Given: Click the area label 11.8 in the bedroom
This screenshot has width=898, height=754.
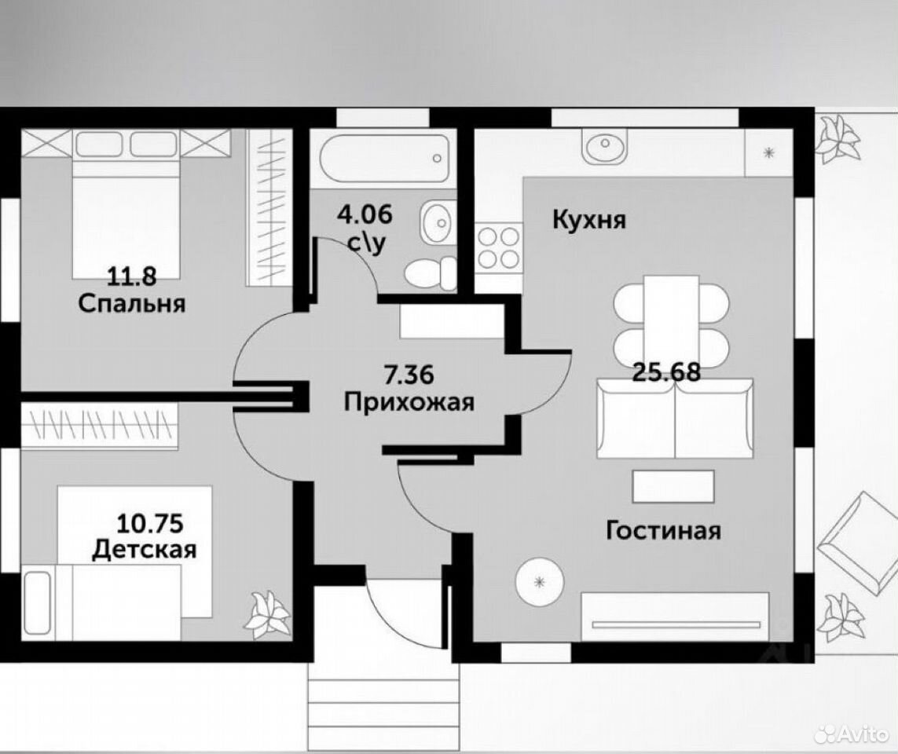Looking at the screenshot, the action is tap(132, 277).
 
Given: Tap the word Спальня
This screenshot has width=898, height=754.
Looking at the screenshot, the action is tap(132, 303).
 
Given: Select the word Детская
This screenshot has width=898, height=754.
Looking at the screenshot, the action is tap(145, 550).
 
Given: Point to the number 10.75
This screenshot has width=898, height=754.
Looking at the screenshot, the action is tap(150, 523).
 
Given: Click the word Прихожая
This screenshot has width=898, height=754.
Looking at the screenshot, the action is tap(409, 402).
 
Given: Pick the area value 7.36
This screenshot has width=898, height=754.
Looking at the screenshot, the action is tap(409, 375).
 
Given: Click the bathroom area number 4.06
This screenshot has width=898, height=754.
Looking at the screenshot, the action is tap(365, 215).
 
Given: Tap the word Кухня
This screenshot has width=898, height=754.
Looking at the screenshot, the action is tap(589, 220).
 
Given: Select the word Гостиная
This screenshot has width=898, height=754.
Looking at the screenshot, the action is tap(663, 531).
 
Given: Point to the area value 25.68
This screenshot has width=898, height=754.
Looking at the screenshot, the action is tap(667, 373).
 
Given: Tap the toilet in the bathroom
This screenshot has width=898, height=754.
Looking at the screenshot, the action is tap(431, 273).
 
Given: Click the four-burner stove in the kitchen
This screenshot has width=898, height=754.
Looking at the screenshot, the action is tap(499, 248).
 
